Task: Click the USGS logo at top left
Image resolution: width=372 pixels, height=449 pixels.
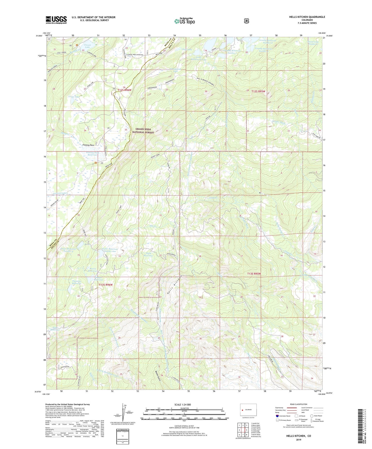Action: coord(56,20)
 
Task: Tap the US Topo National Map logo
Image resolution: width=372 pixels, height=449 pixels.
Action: coord(184,21)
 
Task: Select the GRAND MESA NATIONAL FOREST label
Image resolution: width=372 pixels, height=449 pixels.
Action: coord(145,131)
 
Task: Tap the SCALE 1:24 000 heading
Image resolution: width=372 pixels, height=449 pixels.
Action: coord(183,405)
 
